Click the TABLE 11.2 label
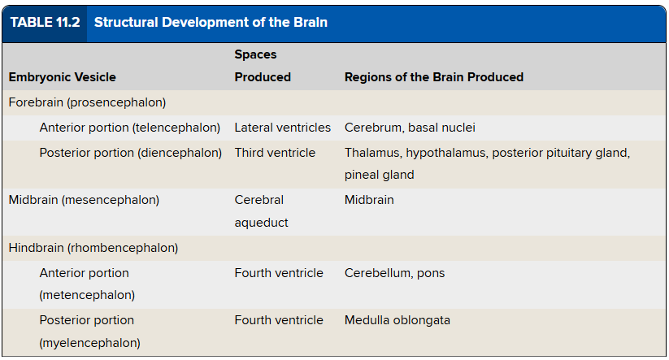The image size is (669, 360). [x=45, y=22]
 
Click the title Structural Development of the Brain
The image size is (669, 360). [x=211, y=22]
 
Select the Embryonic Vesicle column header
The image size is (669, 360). [x=63, y=77]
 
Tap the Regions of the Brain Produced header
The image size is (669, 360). [x=434, y=77]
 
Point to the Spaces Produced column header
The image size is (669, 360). [x=263, y=66]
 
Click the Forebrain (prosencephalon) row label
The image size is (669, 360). [x=87, y=102]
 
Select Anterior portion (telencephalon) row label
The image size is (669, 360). [x=130, y=128]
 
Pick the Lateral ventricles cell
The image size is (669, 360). [x=282, y=128]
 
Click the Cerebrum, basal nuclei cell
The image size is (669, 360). [x=410, y=128]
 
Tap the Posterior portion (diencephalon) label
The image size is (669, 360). [x=131, y=153]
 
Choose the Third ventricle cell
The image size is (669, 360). [x=275, y=153]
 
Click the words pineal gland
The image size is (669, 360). [x=380, y=175]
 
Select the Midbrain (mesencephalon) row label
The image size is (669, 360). [x=84, y=200]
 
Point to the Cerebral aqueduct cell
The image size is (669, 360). [x=261, y=211]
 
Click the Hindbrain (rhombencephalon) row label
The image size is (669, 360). [x=93, y=248]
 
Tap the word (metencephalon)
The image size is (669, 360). [x=87, y=295]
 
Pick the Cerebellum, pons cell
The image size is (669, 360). [x=395, y=273]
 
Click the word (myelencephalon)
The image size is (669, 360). [x=89, y=343]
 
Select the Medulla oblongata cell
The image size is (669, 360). [x=397, y=320]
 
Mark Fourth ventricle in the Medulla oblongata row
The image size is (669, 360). [x=279, y=320]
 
